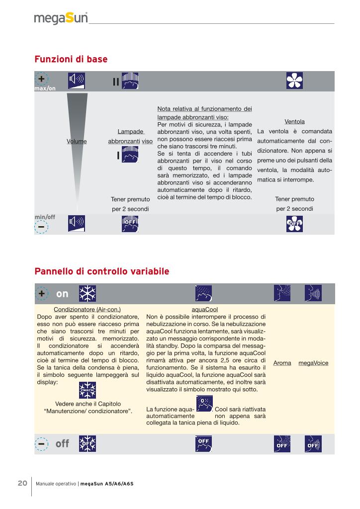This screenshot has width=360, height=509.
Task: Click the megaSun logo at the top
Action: click(61, 18)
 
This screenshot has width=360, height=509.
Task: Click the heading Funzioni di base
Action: click(71, 59)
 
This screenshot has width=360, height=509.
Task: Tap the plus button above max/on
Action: click(42, 80)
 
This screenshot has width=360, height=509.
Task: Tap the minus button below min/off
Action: click(42, 226)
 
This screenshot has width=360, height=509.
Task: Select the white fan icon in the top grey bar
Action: click(295, 81)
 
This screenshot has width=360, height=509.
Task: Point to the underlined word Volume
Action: click(77, 142)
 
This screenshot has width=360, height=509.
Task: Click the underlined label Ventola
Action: click(294, 121)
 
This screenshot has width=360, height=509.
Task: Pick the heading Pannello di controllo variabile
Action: click(102, 271)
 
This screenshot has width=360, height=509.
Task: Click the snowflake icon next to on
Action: click(88, 294)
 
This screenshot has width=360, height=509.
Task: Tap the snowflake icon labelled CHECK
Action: click(88, 390)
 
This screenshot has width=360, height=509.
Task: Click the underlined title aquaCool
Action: click(205, 309)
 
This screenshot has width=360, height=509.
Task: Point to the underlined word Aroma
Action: click(282, 363)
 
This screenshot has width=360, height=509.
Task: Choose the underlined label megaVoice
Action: click(313, 363)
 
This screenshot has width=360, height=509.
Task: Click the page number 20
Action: click(22, 483)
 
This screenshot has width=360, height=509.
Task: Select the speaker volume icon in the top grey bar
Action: click(77, 81)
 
